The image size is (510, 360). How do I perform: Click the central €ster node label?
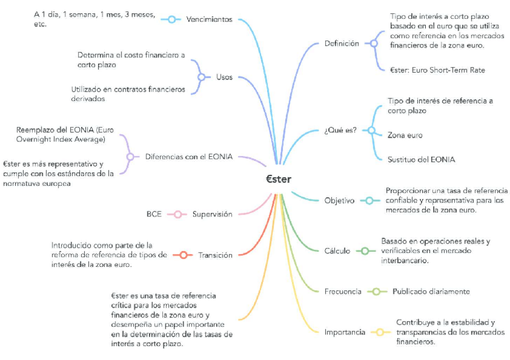tap(278, 178)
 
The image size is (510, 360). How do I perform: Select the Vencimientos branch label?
tap(209, 20)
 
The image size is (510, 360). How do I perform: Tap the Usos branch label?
tap(224, 78)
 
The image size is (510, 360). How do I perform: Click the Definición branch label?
tap(341, 43)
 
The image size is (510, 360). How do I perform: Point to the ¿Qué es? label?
tap(340, 130)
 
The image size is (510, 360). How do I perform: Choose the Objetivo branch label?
tap(339, 201)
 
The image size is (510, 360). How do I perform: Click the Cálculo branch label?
tap(337, 251)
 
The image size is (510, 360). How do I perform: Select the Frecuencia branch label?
tap(343, 291)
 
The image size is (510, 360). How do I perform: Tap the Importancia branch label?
tap(345, 332)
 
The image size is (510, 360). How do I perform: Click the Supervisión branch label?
tap(212, 215)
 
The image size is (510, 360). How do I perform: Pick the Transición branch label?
tap(215, 255)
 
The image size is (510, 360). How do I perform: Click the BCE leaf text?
tap(154, 215)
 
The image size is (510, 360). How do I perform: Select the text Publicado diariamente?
tap(431, 291)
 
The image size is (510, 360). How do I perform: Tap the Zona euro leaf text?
tap(405, 135)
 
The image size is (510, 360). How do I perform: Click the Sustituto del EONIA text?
tap(421, 160)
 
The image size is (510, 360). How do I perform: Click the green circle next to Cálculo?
tap(364, 251)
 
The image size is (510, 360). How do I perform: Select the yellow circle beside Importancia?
tap(379, 332)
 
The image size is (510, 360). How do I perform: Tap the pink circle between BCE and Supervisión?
tap(177, 215)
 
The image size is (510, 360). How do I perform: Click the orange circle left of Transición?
tap(183, 255)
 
